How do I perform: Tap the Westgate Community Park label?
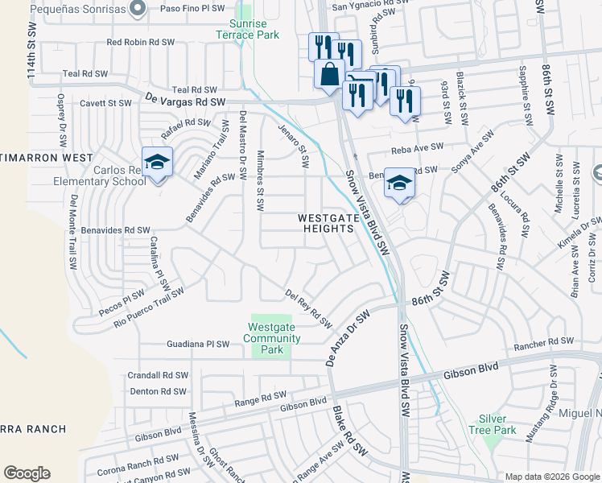click(274, 338)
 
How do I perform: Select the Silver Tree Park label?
click(493, 424)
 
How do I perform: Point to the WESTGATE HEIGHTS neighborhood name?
click(326, 223)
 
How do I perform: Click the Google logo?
click(27, 473)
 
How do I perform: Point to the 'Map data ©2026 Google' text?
click(551, 477)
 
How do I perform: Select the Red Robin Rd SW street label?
click(141, 42)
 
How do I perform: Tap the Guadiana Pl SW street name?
click(188, 344)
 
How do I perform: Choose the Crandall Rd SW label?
click(158, 376)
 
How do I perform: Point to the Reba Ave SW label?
click(418, 148)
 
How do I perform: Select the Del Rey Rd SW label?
click(309, 309)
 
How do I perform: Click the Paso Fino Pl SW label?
click(192, 7)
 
